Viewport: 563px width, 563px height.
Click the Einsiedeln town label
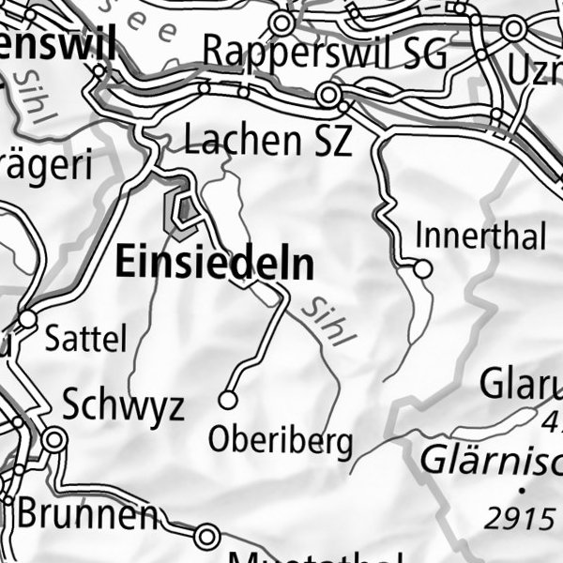214,264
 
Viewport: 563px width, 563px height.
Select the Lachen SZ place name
267,141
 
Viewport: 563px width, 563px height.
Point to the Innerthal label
479,236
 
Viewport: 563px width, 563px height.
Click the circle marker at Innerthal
422,269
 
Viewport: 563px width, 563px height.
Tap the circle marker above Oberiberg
227,401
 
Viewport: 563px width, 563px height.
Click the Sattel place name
85,339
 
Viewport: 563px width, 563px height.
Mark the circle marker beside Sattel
27,320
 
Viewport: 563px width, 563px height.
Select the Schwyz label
123,405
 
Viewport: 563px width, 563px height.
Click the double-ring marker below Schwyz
55,439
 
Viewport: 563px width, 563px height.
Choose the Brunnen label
86,514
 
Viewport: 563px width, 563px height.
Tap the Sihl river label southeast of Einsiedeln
324,322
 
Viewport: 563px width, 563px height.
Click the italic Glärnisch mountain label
490,460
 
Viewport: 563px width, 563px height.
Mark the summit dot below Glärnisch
520,490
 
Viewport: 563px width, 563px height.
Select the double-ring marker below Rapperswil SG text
327,95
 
